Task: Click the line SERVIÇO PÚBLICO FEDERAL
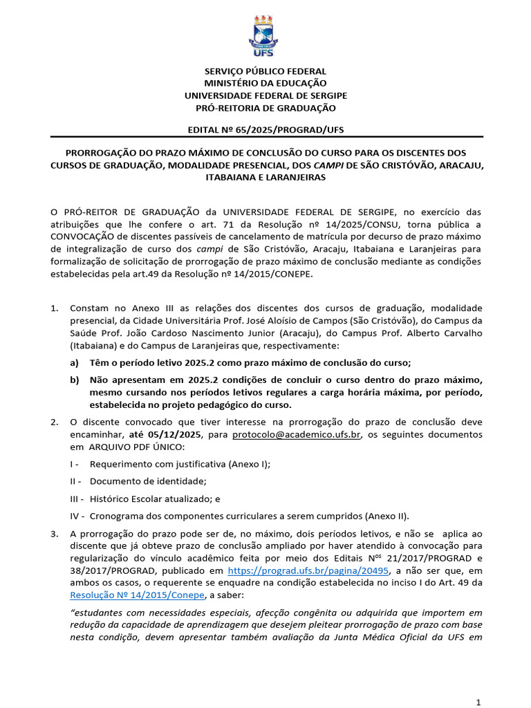click(x=265, y=71)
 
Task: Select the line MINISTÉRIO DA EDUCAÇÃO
click(x=265, y=84)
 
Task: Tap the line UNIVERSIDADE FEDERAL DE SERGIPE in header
click(x=265, y=95)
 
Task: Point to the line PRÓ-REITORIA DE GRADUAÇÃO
click(x=265, y=108)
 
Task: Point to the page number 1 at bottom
click(x=478, y=702)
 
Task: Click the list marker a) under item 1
click(x=74, y=363)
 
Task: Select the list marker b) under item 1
click(x=74, y=380)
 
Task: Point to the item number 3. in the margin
click(x=55, y=534)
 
